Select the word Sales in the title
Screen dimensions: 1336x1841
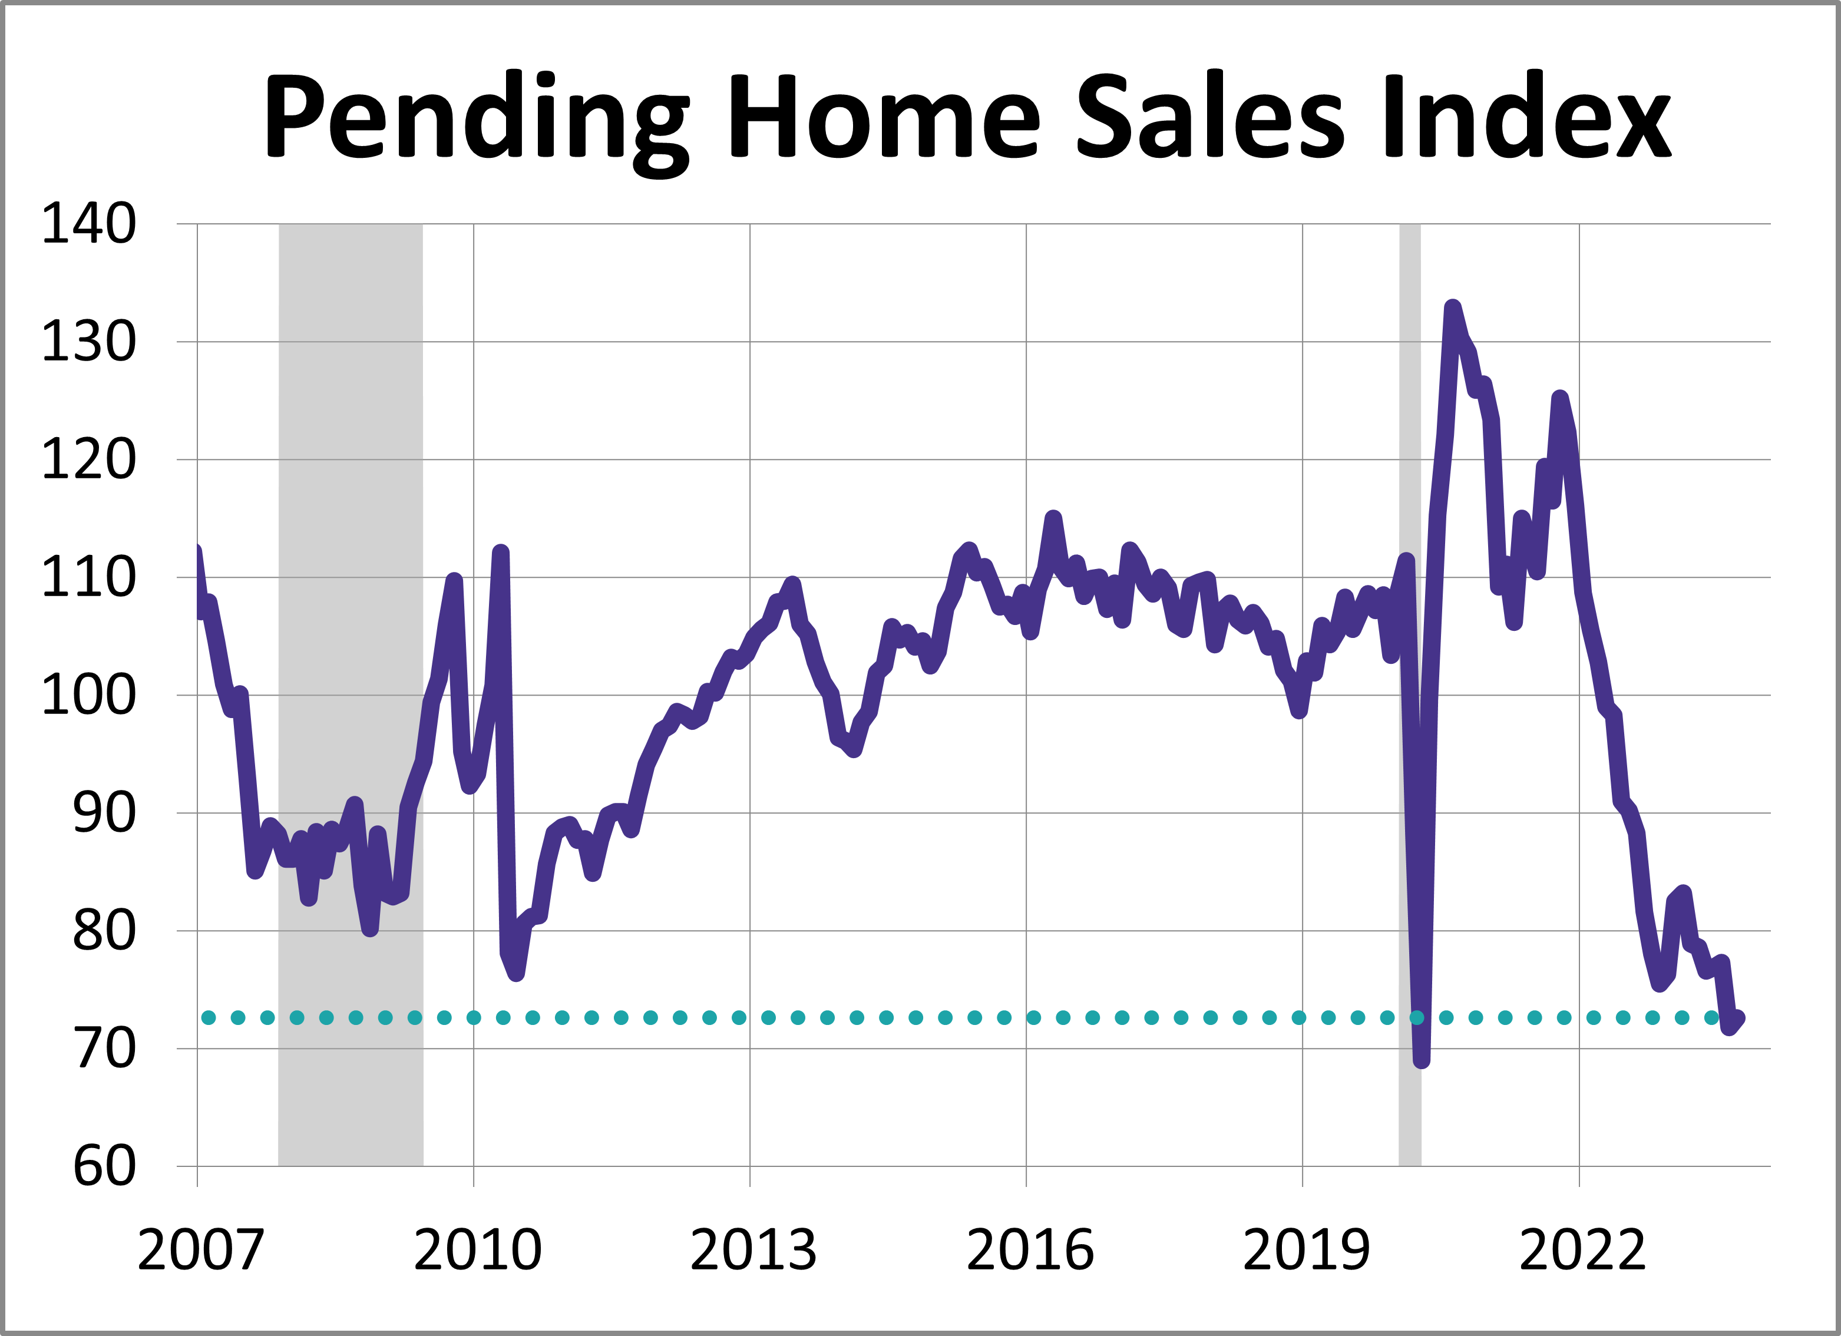click(x=1209, y=115)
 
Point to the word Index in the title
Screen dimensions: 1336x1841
click(x=1526, y=115)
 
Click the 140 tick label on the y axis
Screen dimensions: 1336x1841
click(x=88, y=224)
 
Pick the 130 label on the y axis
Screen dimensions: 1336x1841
click(x=88, y=342)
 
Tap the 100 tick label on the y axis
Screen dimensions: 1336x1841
click(x=88, y=696)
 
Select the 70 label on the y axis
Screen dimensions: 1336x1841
click(x=104, y=1049)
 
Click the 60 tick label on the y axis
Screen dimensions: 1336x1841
click(x=104, y=1166)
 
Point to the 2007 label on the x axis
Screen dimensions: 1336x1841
click(x=200, y=1250)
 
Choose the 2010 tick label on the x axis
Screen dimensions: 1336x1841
click(x=477, y=1250)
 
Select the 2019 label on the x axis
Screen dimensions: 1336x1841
click(x=1306, y=1250)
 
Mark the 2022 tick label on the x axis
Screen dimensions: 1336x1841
click(x=1582, y=1250)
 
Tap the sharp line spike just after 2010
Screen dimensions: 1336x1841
click(x=501, y=554)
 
